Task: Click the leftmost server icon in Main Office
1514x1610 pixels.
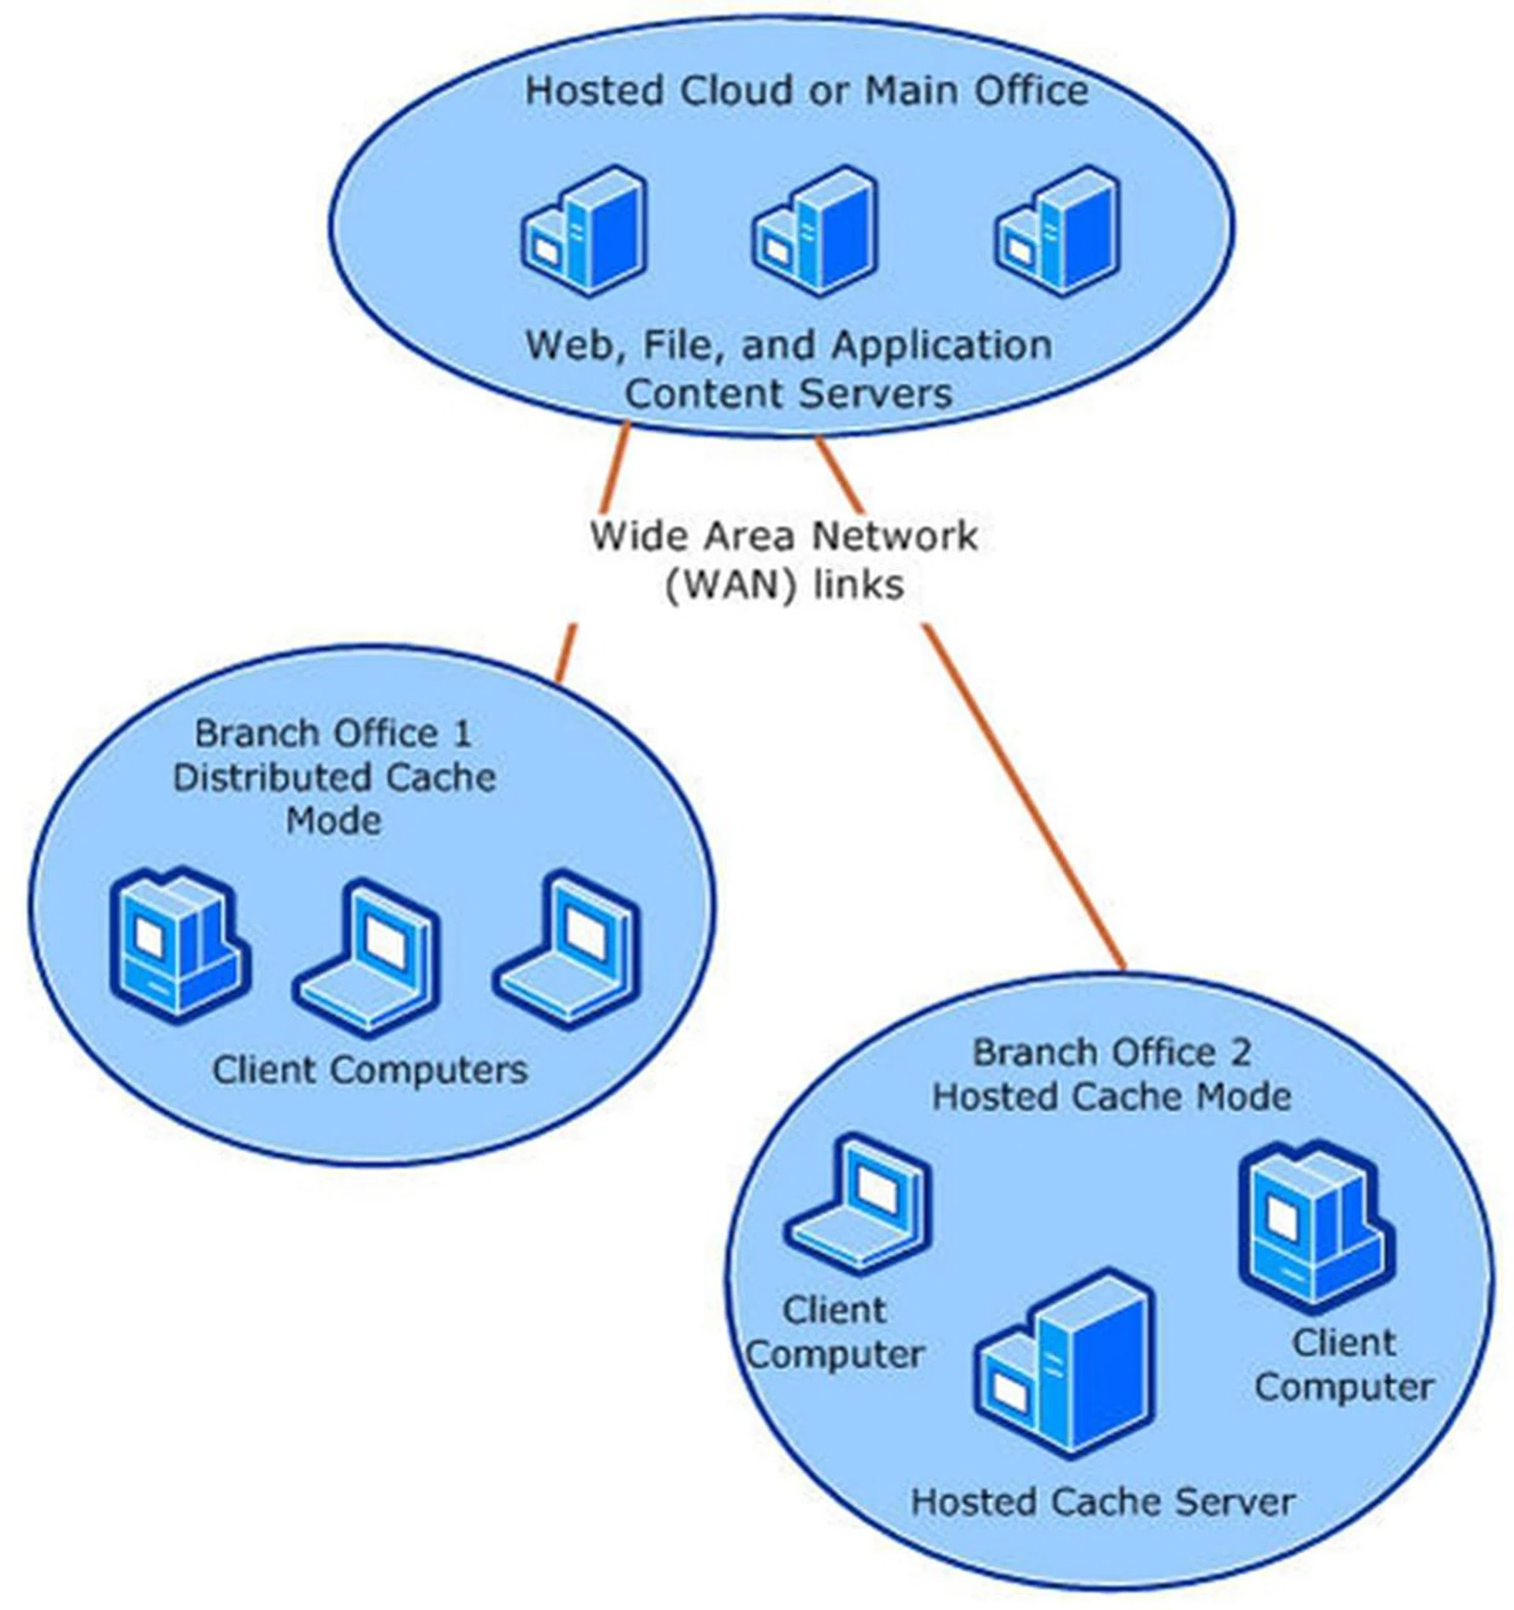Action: tap(584, 232)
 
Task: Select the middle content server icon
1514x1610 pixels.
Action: tap(815, 232)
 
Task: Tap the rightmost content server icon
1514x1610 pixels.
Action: tap(1057, 232)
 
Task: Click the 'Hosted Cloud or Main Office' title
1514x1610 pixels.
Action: tap(806, 90)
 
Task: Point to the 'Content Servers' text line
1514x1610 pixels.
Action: tap(789, 395)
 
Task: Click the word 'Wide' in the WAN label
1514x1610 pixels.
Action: tap(628, 536)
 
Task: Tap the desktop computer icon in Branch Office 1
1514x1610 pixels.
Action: tap(179, 946)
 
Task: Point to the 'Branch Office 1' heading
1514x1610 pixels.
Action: tap(333, 734)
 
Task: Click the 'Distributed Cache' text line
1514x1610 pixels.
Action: tap(334, 778)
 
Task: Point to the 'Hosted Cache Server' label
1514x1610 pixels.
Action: tap(1102, 1502)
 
